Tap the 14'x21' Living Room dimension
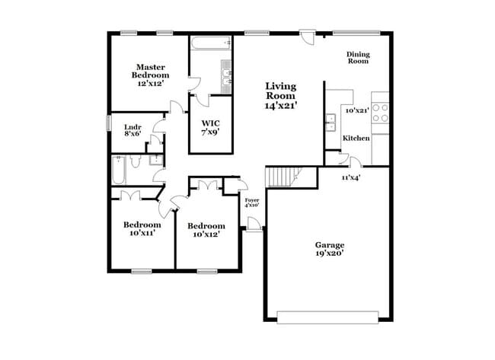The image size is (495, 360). click(x=280, y=107)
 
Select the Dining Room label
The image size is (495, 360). click(x=357, y=58)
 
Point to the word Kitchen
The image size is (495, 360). click(x=356, y=139)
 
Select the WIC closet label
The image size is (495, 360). click(x=210, y=123)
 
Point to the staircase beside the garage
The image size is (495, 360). click(x=283, y=177)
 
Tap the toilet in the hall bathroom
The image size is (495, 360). click(x=135, y=161)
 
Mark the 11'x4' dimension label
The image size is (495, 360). click(x=350, y=177)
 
